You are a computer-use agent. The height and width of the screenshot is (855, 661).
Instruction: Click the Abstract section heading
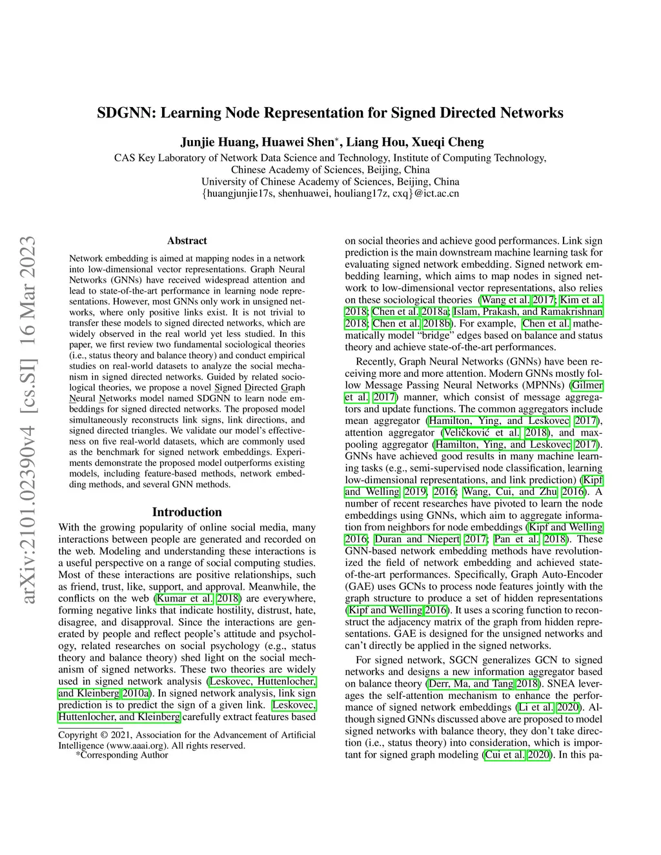187,241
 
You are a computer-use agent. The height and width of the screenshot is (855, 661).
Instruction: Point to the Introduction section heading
187,512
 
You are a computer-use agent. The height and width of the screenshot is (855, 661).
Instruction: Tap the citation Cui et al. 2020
518,754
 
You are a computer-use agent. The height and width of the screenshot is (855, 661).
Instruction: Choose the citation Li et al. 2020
548,707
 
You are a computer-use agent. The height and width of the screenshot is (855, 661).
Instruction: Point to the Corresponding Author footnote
123,755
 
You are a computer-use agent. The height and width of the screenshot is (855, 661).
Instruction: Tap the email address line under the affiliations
330,193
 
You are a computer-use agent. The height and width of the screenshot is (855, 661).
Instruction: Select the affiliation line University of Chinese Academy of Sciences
330,181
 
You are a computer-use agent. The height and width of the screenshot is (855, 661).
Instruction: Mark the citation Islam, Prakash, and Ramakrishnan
527,312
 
